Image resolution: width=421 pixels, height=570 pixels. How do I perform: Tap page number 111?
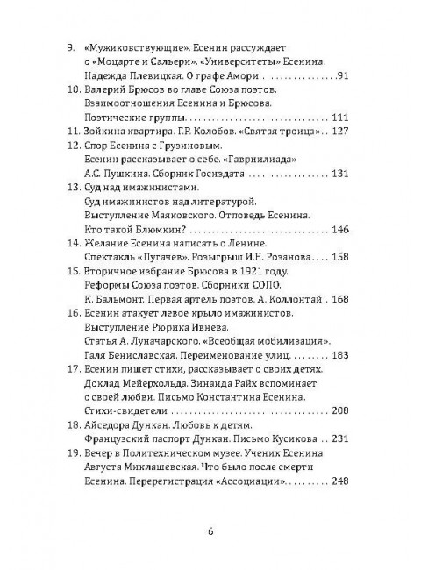point(339,118)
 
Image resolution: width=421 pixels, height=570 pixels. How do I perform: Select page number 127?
point(339,132)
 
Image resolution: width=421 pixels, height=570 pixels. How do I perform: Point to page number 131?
point(339,174)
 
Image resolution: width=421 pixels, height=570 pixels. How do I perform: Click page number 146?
point(339,230)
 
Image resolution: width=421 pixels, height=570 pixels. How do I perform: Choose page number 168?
point(339,299)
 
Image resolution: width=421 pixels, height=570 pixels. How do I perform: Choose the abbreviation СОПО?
point(265,285)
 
